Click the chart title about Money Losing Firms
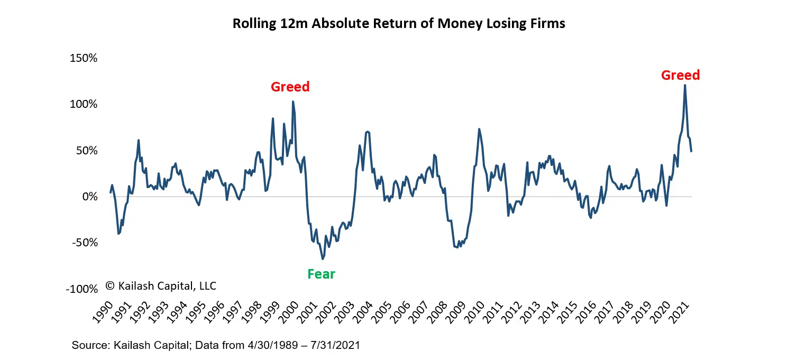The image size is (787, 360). (x=399, y=24)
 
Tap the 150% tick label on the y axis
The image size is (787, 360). (x=84, y=58)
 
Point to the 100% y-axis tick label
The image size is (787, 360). (x=84, y=104)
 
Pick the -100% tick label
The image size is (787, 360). (x=83, y=289)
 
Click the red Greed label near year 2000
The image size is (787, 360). (x=290, y=87)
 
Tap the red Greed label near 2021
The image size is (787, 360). (x=680, y=75)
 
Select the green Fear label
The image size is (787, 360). (x=321, y=274)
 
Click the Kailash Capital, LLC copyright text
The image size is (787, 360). (x=161, y=286)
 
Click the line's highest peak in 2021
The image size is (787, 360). (x=685, y=85)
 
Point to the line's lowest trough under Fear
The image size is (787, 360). (x=323, y=259)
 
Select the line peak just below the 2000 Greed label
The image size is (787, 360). (x=293, y=101)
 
